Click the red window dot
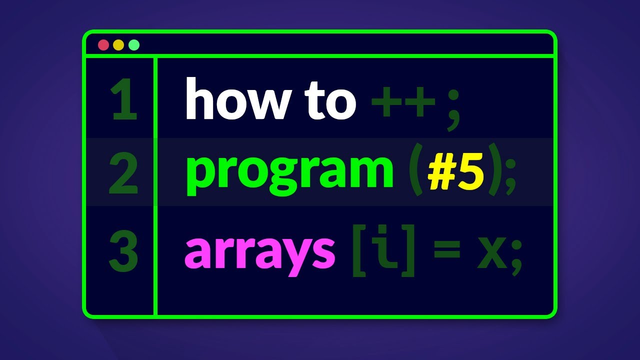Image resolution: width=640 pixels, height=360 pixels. tap(103, 45)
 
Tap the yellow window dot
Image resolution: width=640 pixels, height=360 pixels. tap(118, 45)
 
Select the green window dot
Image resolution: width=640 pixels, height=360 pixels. tap(134, 45)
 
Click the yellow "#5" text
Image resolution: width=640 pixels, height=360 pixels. tap(455, 172)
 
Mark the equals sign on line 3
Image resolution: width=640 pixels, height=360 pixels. tap(445, 250)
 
